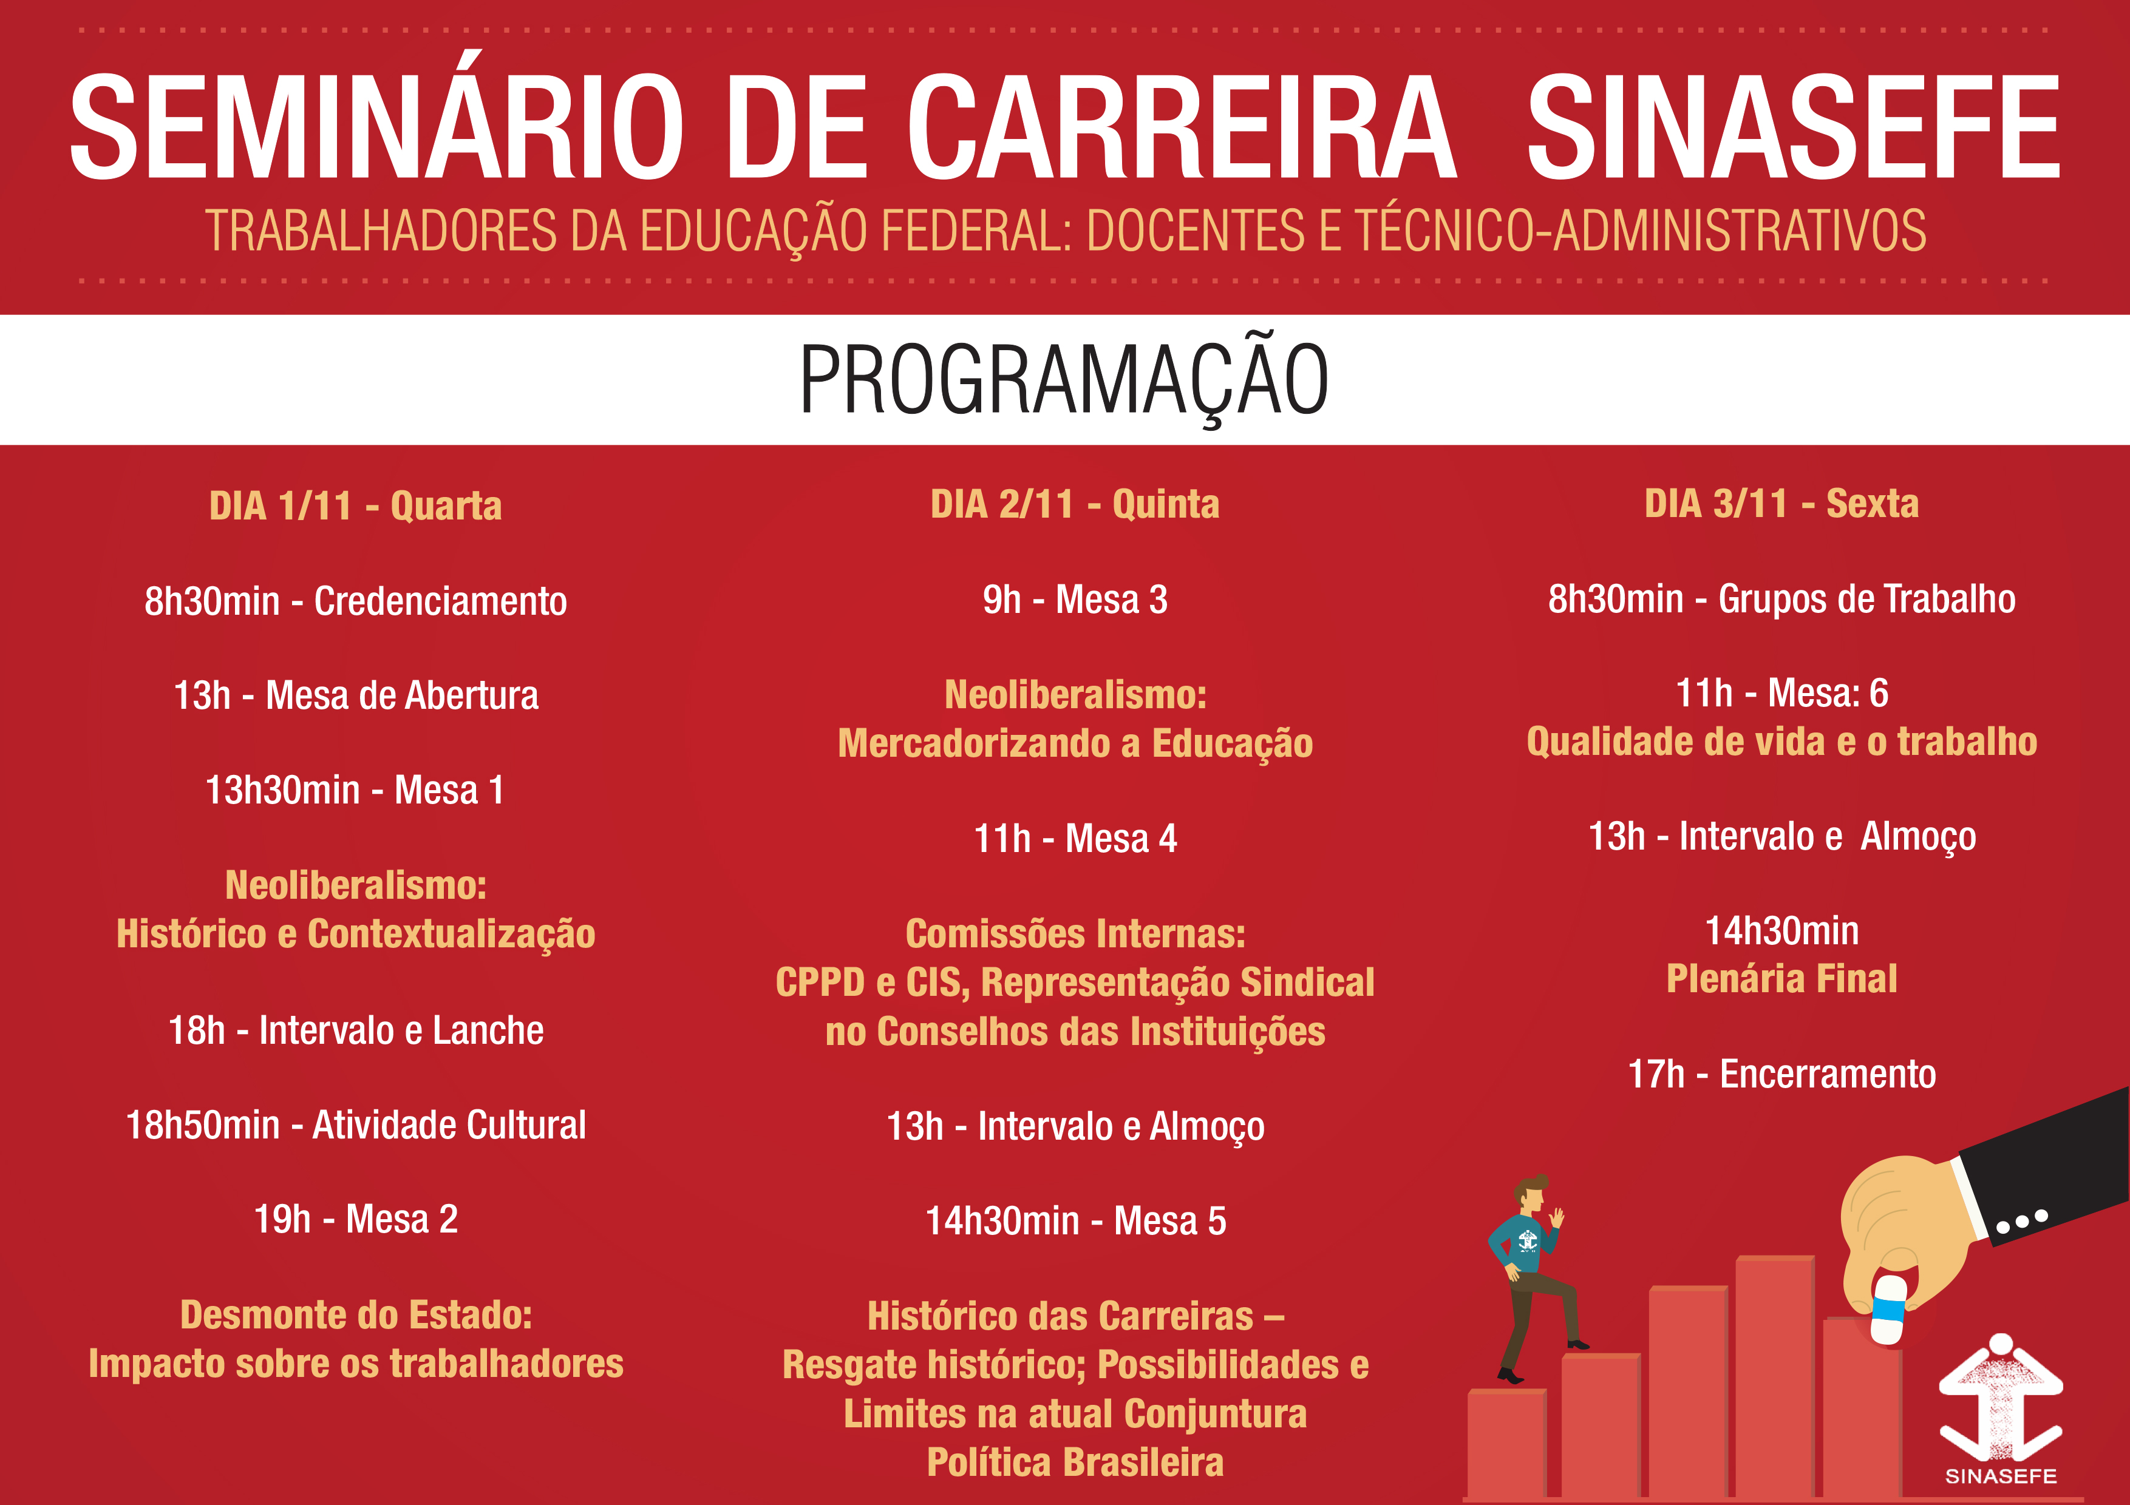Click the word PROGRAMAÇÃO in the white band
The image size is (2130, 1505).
tap(1064, 380)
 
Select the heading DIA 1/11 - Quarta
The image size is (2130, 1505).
tap(355, 506)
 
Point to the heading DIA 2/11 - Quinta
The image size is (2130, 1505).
tap(1075, 504)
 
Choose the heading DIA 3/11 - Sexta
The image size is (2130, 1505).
tap(1781, 504)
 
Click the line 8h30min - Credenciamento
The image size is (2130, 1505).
tap(355, 601)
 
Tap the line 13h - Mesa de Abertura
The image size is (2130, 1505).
tap(355, 695)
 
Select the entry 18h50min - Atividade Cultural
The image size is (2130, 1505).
tap(355, 1125)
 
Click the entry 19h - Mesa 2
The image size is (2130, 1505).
tap(355, 1219)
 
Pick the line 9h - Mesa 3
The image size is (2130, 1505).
tap(1075, 600)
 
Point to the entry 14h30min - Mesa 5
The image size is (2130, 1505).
tap(1075, 1221)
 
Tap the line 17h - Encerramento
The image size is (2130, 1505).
tap(1781, 1074)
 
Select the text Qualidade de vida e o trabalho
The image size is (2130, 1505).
tap(1781, 742)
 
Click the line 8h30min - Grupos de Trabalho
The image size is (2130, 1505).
tap(1781, 599)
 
